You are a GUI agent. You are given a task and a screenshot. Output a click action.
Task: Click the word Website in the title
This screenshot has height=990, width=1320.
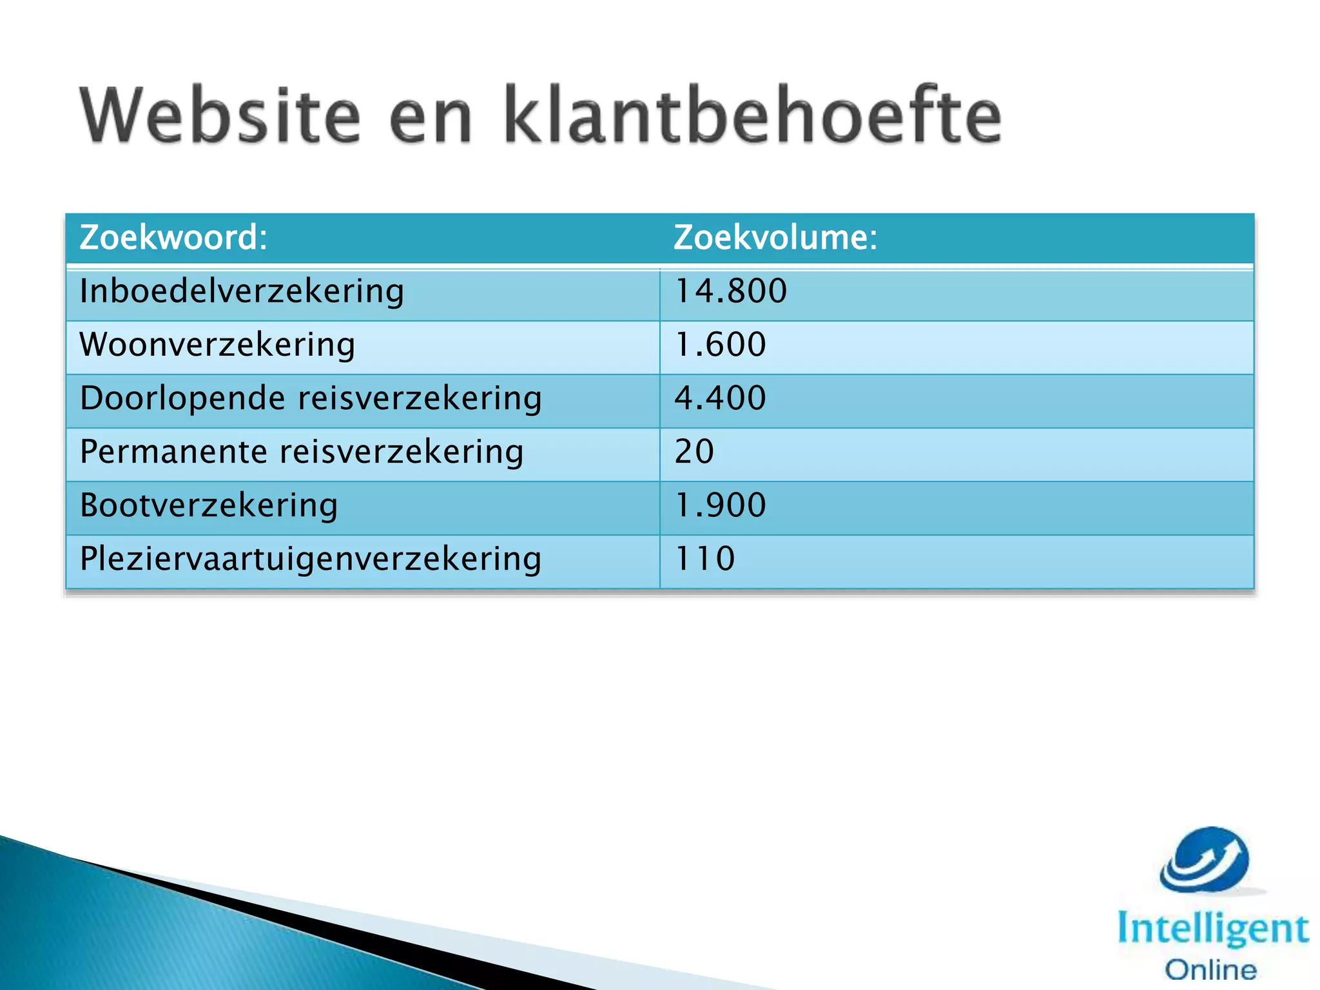[x=220, y=116]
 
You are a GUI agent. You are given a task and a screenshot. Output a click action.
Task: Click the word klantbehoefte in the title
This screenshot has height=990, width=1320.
[x=752, y=116]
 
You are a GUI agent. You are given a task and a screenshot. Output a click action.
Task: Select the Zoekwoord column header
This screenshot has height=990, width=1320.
[x=173, y=237]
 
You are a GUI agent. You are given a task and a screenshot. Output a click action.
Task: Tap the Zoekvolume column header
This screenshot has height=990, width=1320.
[x=775, y=237]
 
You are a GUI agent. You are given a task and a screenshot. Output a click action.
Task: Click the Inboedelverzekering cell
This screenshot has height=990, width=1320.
[x=242, y=291]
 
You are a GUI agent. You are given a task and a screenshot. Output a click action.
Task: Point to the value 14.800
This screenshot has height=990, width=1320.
[x=731, y=291]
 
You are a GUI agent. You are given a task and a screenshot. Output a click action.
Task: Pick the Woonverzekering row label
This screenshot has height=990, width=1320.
[x=217, y=345]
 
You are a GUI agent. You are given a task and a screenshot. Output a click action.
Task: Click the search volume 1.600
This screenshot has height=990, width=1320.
[x=721, y=344]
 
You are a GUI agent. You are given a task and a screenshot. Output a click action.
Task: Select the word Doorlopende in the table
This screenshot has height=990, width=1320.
[x=182, y=398]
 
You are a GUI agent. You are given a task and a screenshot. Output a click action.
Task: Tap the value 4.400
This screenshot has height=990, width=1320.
[x=721, y=398]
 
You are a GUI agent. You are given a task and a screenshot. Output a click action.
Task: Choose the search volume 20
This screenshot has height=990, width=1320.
[x=694, y=451]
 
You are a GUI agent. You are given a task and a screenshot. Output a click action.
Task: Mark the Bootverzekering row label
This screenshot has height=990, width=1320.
[x=209, y=505]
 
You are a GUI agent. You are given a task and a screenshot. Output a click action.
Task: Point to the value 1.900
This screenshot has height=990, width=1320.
[x=721, y=505]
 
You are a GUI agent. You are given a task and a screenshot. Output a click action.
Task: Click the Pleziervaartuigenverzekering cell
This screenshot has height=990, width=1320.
[x=311, y=559]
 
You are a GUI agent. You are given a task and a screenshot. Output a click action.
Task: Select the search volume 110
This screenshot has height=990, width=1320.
[x=704, y=558]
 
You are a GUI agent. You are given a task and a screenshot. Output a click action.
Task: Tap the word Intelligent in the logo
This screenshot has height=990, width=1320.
[x=1213, y=929]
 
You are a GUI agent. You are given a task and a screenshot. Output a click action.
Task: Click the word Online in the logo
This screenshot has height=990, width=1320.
[x=1211, y=970]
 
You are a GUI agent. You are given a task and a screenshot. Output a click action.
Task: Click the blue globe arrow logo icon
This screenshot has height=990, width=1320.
[x=1205, y=860]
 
